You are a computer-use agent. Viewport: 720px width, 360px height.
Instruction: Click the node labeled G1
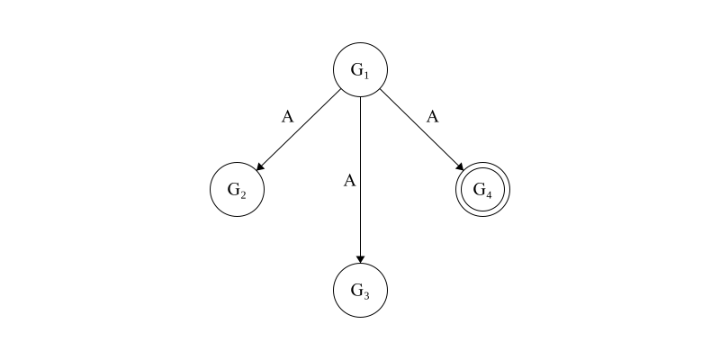point(361,70)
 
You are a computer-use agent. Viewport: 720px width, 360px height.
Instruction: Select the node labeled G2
point(237,189)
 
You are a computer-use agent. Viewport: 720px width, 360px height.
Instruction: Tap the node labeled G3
point(361,290)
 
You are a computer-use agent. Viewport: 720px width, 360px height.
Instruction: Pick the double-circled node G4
point(482,189)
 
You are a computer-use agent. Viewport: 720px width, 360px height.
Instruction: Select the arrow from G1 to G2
point(299,130)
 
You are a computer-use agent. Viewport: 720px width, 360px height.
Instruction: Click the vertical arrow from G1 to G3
point(361,180)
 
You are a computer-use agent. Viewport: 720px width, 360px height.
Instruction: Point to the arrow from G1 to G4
point(422,130)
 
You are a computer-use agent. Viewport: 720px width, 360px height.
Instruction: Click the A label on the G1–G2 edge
point(287,117)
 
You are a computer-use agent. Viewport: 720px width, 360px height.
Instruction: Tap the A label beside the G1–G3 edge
point(350,181)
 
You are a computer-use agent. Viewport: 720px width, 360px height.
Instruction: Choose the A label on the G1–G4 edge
point(433,117)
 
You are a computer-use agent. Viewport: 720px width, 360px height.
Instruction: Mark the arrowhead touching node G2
point(260,167)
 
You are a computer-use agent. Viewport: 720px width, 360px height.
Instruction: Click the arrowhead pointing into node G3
point(361,259)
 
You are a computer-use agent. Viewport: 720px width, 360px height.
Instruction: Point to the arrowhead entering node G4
point(460,166)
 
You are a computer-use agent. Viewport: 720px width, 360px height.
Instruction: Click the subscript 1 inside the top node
point(366,75)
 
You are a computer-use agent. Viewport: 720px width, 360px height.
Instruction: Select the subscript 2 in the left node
point(243,195)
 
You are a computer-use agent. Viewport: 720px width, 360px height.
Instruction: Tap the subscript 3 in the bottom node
point(366,296)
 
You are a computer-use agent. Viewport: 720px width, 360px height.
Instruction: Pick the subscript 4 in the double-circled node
point(488,195)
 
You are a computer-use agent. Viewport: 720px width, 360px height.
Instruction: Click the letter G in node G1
point(356,70)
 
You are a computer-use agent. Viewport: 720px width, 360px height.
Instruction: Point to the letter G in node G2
point(234,189)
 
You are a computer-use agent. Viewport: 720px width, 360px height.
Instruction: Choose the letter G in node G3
point(356,290)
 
